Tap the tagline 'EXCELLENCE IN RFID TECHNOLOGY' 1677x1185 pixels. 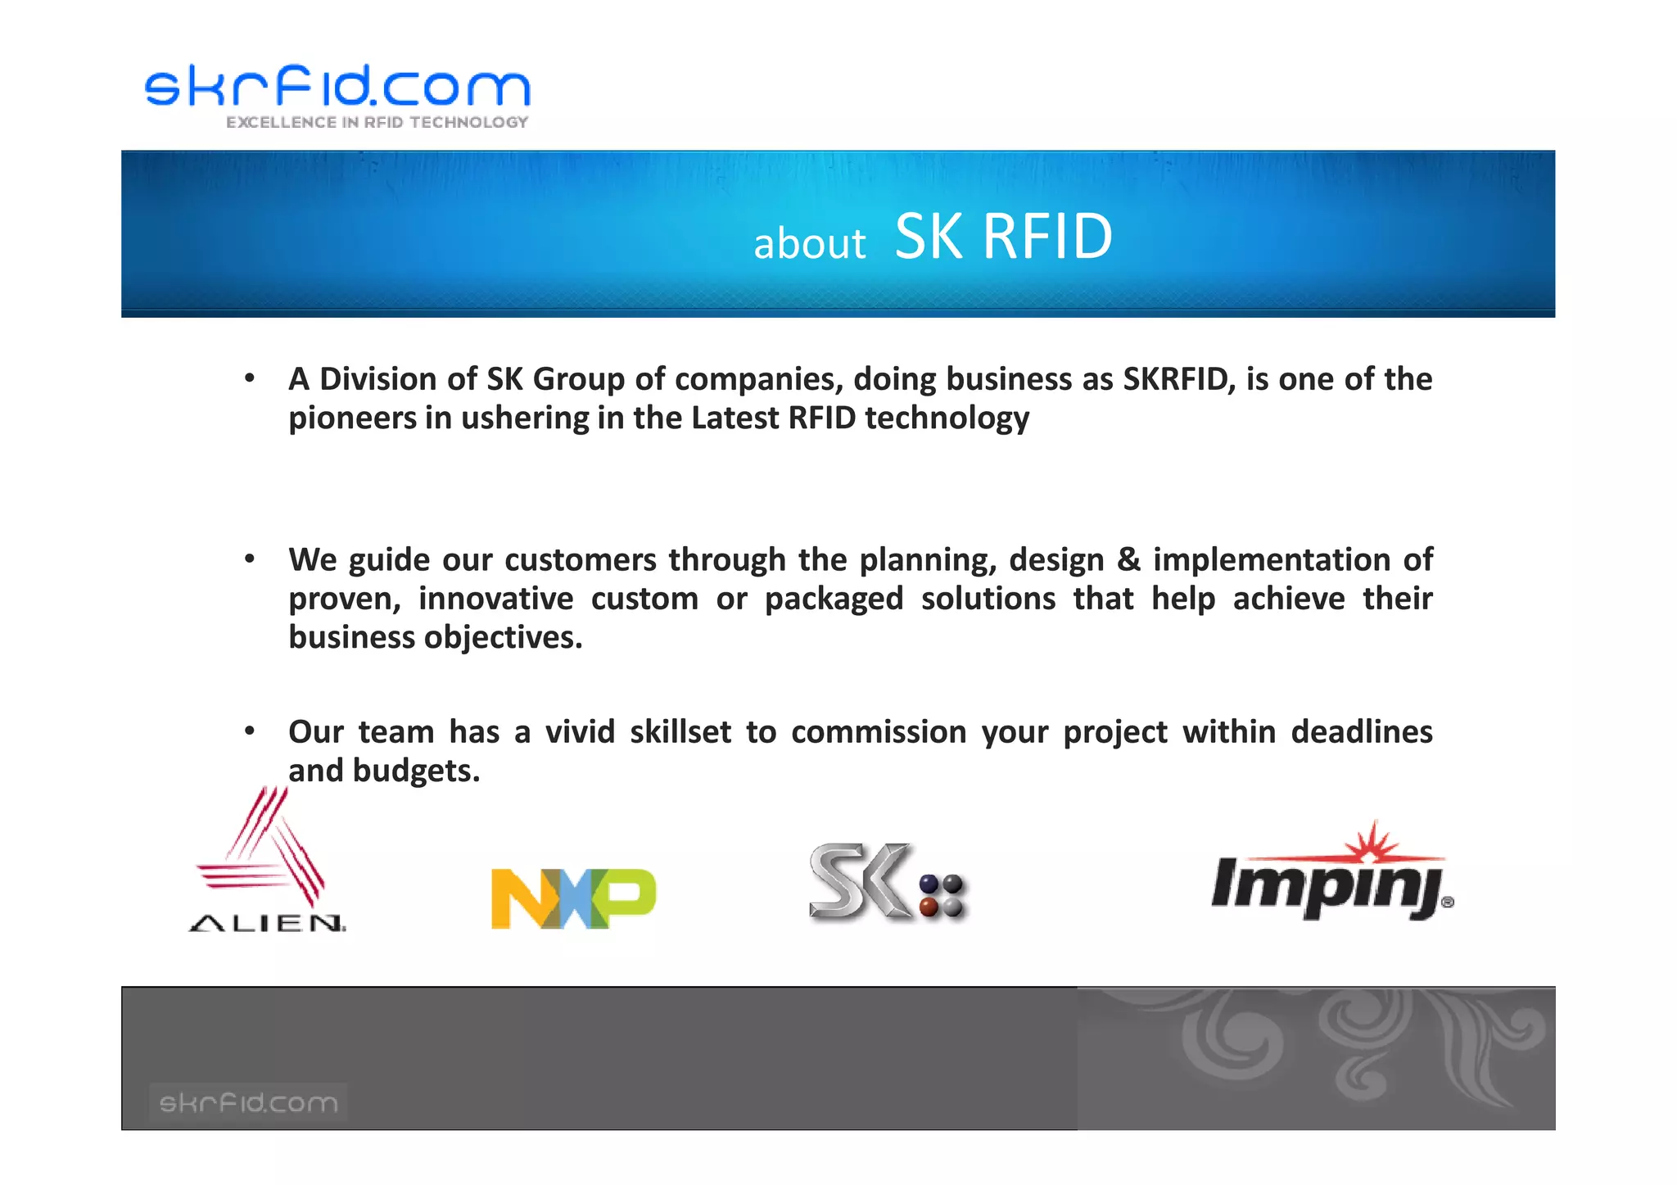tap(377, 123)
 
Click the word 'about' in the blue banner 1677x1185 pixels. tap(809, 244)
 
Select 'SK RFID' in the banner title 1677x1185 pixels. tap(1003, 237)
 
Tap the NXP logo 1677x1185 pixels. tap(573, 898)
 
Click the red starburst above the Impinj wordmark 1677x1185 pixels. tap(1376, 844)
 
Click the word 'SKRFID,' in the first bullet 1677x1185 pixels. tap(1178, 379)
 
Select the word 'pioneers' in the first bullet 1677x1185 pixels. tap(353, 418)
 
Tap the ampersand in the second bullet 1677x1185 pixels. tap(1128, 560)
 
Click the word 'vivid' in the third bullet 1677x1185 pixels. tap(580, 732)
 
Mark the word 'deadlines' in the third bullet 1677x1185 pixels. tap(1361, 732)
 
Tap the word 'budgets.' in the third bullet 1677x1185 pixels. tap(416, 771)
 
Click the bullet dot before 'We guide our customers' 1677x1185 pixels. tap(250, 559)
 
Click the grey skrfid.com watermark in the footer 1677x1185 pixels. tap(248, 1102)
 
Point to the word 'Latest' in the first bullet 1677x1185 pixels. tap(735, 418)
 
